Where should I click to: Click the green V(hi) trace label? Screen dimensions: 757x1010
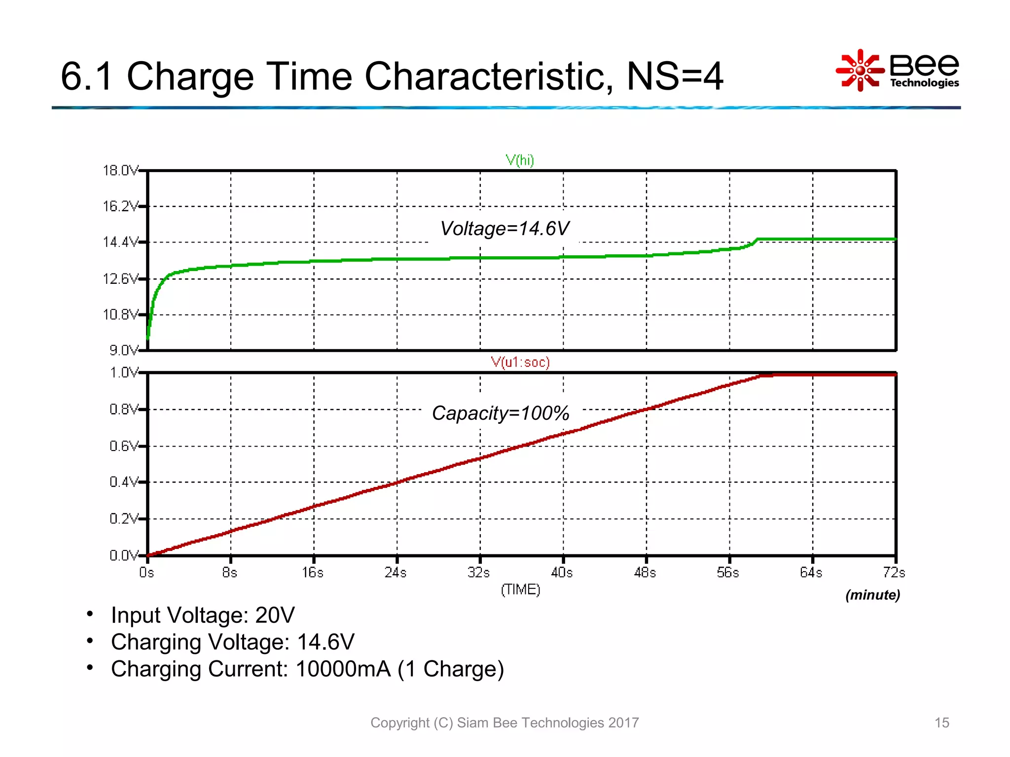click(520, 160)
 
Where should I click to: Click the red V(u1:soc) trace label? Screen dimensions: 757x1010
click(520, 362)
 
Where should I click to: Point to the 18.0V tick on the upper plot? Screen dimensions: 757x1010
click(120, 171)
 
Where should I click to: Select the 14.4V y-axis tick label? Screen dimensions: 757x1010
click(120, 242)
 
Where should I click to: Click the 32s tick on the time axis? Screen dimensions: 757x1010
click(479, 573)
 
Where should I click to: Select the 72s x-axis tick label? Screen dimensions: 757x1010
click(894, 573)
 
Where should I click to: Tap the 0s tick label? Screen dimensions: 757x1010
click(146, 573)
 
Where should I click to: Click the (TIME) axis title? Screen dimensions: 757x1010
click(520, 589)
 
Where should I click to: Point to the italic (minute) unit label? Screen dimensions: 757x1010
click(872, 595)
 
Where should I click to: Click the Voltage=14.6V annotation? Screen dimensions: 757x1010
click(505, 229)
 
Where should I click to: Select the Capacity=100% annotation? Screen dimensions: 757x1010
click(501, 413)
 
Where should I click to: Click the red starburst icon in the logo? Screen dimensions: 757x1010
click(860, 70)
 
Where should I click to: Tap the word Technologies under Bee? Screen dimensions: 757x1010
click(924, 83)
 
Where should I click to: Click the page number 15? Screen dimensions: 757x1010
click(941, 723)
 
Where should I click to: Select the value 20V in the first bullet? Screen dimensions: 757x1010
click(275, 615)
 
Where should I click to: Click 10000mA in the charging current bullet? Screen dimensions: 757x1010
click(343, 669)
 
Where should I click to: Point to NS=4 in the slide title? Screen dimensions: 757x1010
click(674, 76)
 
